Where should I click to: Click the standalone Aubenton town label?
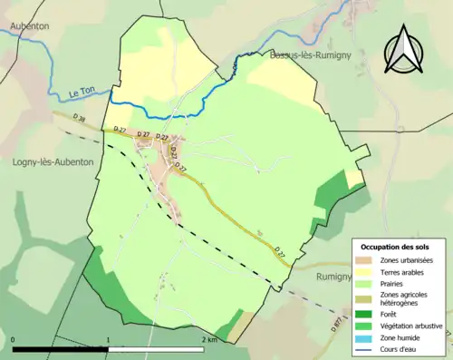28,27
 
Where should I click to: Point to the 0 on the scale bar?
14,340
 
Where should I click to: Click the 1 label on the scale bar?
109,340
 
